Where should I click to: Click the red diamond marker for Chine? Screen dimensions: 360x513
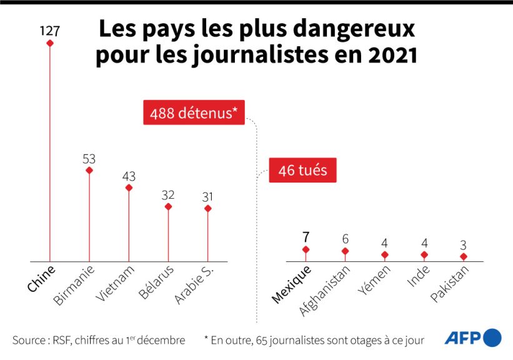pyautogui.click(x=49, y=43)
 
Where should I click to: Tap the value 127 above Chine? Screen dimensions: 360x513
pyautogui.click(x=49, y=29)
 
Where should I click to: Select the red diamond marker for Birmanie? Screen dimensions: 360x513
pyautogui.click(x=89, y=170)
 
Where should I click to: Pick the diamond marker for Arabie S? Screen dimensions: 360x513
pyautogui.click(x=207, y=208)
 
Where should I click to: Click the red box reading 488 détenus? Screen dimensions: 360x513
pyautogui.click(x=193, y=114)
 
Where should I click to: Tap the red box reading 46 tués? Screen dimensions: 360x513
pyautogui.click(x=302, y=169)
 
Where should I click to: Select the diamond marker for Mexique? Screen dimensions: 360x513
pyautogui.click(x=306, y=249)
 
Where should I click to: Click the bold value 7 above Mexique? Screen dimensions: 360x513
pyautogui.click(x=306, y=237)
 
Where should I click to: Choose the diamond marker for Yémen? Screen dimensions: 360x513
pyautogui.click(x=384, y=255)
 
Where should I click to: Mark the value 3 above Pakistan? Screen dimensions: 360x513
pyautogui.click(x=463, y=245)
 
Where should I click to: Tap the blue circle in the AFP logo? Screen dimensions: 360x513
pyautogui.click(x=492, y=337)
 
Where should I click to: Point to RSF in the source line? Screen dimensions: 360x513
pyautogui.click(x=62, y=340)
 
